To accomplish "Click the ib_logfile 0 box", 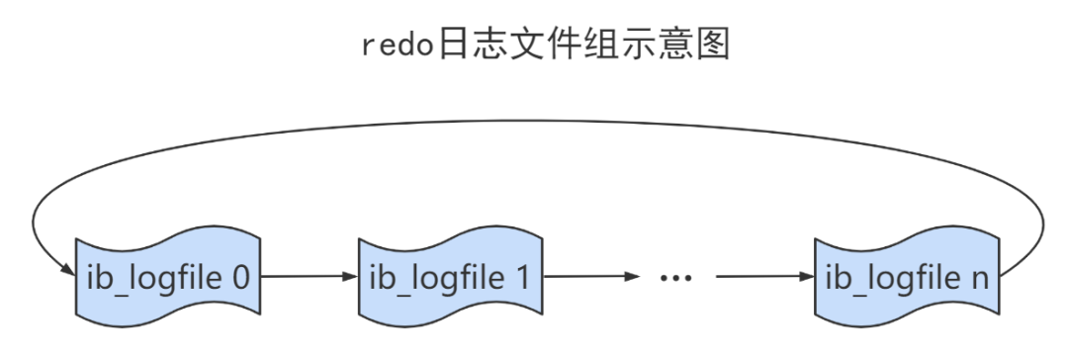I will (168, 277).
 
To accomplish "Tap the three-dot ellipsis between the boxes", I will (675, 278).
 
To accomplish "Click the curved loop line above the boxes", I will (534, 123).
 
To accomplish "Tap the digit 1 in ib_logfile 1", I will (521, 277).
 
